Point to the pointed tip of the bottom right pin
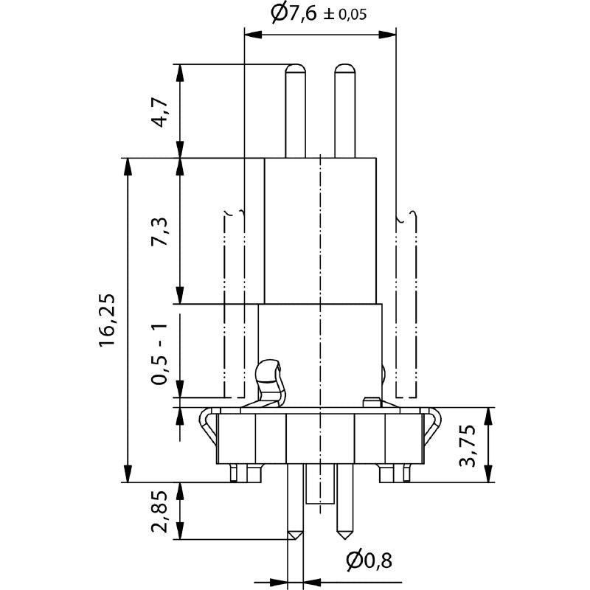[344, 533]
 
